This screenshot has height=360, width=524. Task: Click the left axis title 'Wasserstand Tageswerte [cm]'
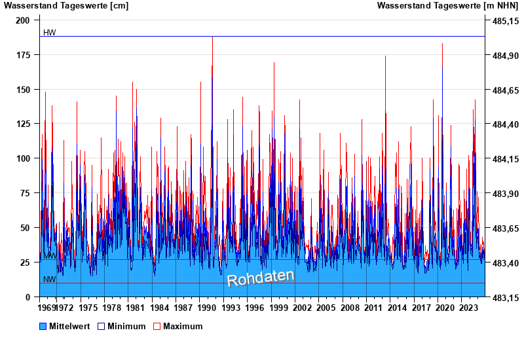click(66, 6)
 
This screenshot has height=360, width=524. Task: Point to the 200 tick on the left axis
click(24, 20)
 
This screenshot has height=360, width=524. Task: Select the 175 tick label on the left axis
click(24, 55)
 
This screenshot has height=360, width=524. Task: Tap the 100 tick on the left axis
click(24, 158)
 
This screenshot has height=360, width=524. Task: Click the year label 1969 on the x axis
click(48, 307)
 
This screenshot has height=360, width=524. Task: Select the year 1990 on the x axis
click(212, 307)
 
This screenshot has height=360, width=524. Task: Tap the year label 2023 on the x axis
click(468, 307)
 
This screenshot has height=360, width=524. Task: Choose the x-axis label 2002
click(303, 307)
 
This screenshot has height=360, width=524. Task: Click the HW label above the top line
click(49, 33)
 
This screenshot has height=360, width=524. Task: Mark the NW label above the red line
click(49, 279)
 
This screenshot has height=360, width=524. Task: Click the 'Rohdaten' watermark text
click(261, 278)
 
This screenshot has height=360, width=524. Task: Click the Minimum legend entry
click(126, 326)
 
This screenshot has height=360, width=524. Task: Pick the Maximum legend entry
click(183, 326)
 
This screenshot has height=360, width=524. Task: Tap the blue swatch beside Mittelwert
click(43, 326)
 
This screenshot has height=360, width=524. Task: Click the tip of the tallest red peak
click(212, 37)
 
